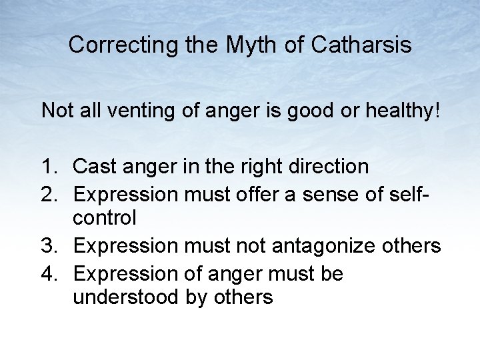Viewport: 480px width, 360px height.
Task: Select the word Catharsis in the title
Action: pos(361,45)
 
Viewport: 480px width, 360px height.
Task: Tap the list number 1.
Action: pos(49,166)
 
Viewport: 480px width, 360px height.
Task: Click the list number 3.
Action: pos(49,246)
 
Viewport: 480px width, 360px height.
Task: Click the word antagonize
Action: pos(321,246)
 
